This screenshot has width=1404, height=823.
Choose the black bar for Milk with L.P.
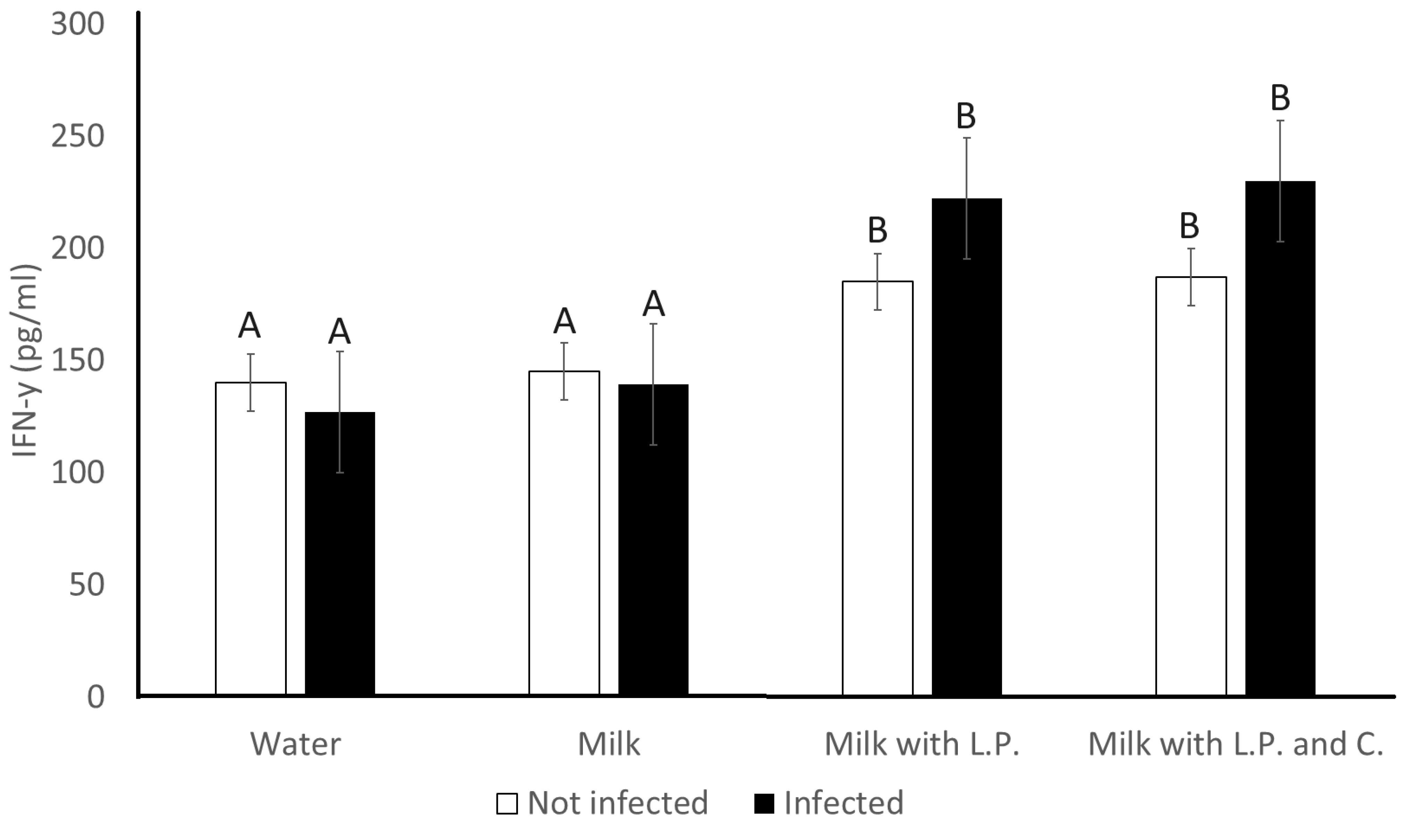[967, 446]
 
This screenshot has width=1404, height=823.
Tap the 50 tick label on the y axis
[86, 585]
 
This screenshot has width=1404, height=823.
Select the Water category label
[295, 744]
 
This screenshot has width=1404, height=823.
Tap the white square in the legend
[507, 803]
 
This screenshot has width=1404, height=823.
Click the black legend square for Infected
[764, 803]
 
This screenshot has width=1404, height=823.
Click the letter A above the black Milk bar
[653, 304]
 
